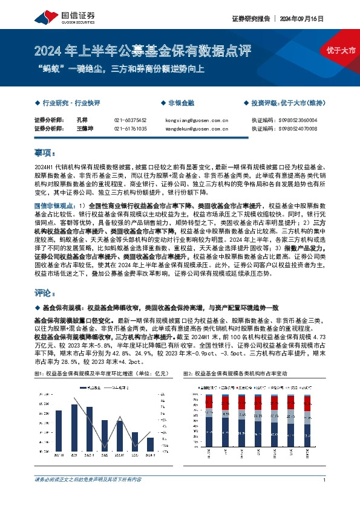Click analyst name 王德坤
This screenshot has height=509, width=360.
pos(86,129)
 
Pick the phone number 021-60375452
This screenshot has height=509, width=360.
pos(130,120)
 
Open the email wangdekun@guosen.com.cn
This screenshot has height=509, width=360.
pos(197,129)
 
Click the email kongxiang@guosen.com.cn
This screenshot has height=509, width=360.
pos(197,120)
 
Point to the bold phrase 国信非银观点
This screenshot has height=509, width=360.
pos(54,206)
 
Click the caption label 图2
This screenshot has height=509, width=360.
pos(187,375)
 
